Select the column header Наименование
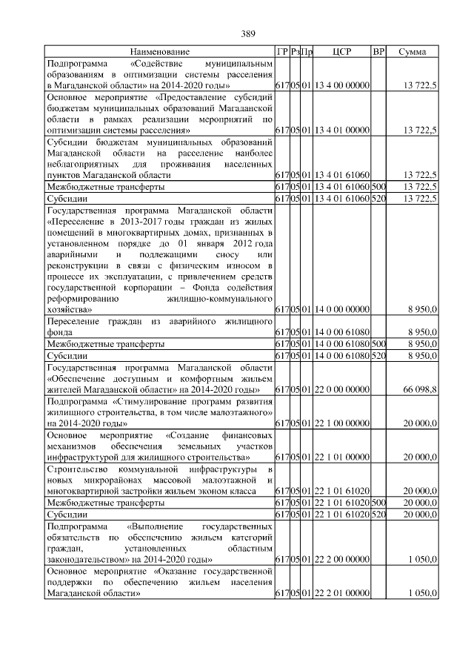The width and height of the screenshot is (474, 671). [x=159, y=52]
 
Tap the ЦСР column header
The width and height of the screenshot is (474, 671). [x=341, y=52]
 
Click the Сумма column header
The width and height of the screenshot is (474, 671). [x=412, y=52]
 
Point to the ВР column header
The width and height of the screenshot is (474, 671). [x=378, y=52]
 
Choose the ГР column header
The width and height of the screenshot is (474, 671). [x=281, y=52]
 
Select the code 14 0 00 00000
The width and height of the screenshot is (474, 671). [x=341, y=308]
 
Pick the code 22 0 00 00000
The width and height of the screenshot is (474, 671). [x=341, y=389]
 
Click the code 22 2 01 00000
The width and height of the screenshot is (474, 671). [x=341, y=593]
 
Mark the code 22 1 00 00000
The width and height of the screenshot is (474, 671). [x=341, y=423]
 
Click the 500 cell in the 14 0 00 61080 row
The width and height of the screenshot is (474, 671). [x=378, y=344]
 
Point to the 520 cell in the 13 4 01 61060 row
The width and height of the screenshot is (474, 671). [x=378, y=199]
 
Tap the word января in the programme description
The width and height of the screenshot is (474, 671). [x=222, y=244]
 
